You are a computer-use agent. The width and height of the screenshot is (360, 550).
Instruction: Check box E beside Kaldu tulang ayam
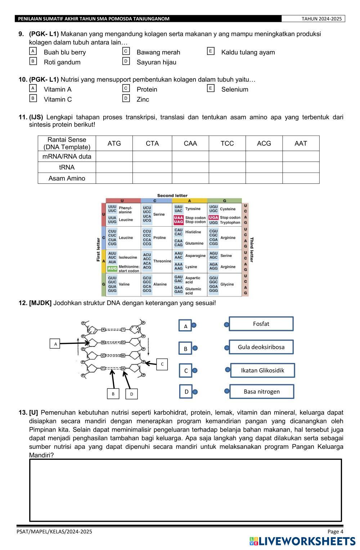[211, 51]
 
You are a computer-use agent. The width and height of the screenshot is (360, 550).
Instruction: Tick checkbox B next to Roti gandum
[33, 61]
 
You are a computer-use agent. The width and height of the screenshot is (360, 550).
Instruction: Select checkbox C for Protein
[126, 88]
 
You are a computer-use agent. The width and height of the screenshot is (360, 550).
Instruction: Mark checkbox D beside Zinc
[126, 98]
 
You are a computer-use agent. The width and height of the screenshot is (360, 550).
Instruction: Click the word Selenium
[235, 90]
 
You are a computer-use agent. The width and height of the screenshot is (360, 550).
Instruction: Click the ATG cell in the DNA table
[114, 144]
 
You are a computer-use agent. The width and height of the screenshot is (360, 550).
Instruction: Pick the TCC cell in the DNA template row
[227, 144]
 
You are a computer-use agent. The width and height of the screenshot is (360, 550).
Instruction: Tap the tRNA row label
[67, 167]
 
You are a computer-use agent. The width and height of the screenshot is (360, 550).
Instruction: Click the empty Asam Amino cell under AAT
[301, 178]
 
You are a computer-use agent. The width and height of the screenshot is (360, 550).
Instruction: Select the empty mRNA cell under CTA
[152, 156]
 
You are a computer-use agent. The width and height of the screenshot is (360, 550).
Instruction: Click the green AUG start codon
[112, 268]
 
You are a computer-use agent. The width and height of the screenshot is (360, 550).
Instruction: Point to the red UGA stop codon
[213, 218]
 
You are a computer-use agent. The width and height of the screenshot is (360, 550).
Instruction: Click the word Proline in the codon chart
[159, 238]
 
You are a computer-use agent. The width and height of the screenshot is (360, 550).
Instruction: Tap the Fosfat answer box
[261, 324]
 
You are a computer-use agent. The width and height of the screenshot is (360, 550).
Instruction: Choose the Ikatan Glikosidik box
[262, 370]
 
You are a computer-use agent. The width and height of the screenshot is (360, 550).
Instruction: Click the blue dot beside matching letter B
[195, 348]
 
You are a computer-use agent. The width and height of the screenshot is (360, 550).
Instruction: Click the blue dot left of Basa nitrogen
[227, 391]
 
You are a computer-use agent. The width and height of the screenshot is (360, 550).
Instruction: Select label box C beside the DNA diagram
[162, 364]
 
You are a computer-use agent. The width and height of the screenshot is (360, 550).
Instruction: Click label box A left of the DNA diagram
[55, 344]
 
